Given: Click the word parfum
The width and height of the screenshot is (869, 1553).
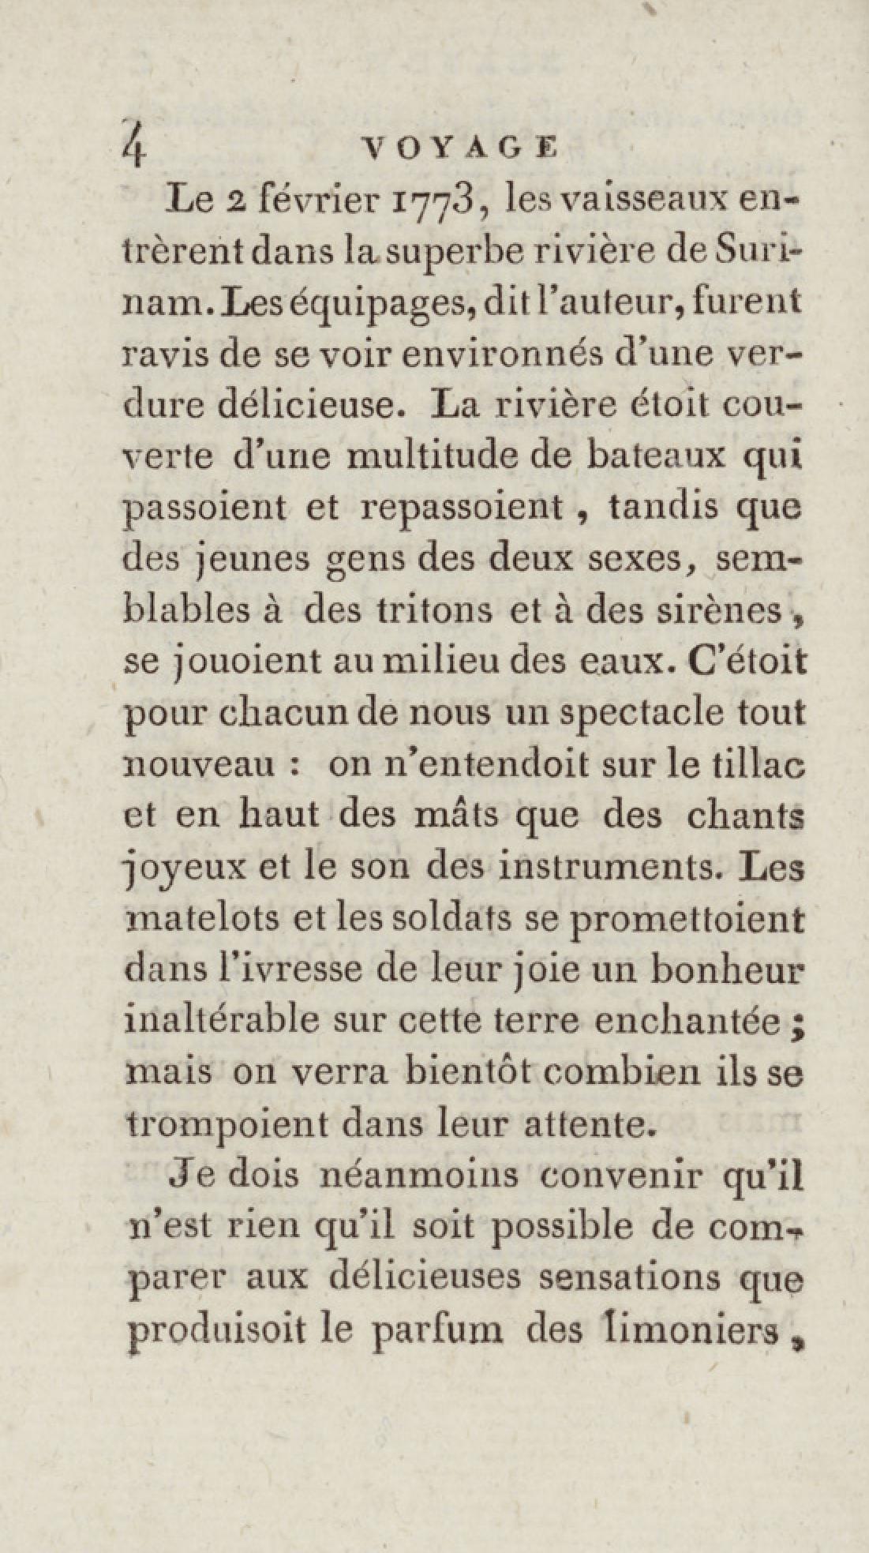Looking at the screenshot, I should coord(436,1330).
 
